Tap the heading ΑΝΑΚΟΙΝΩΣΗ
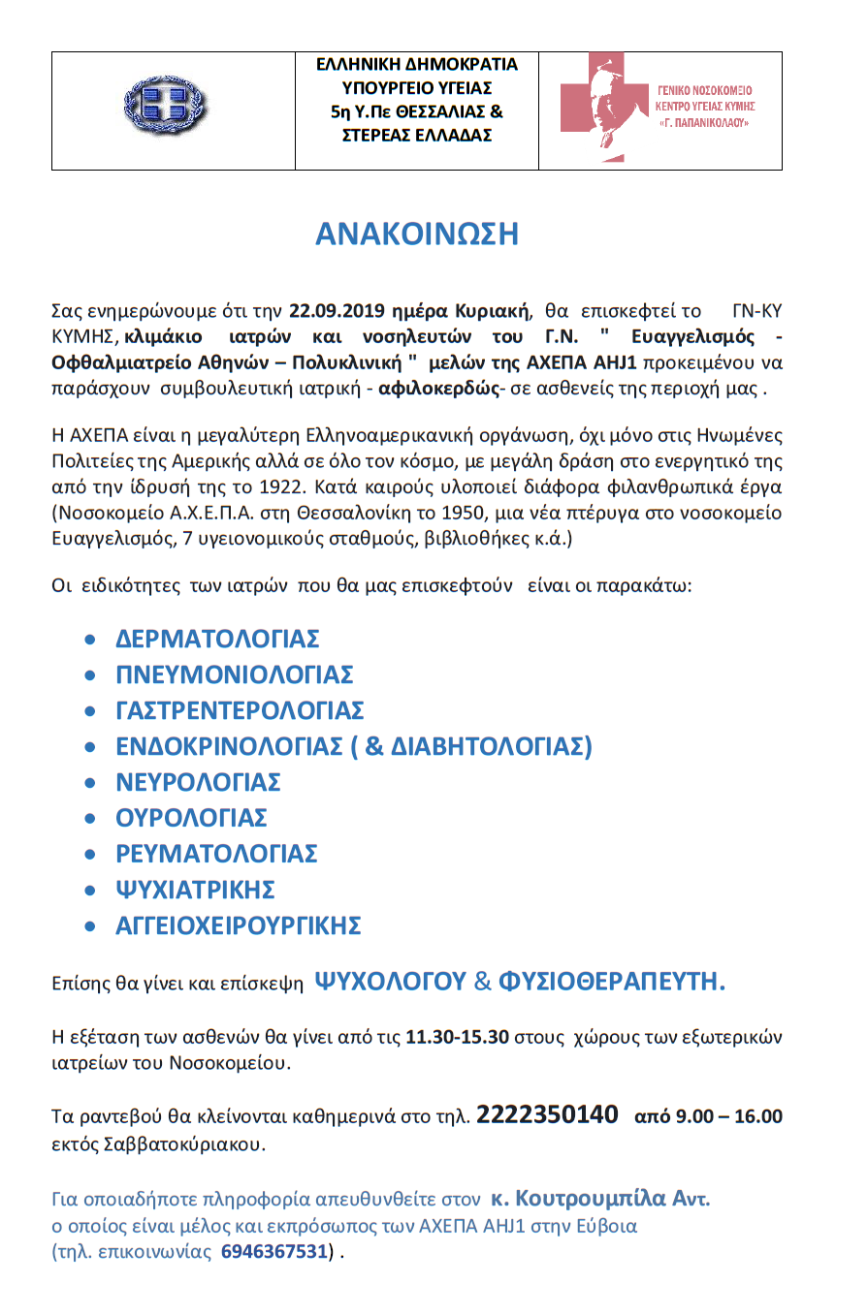pyautogui.click(x=417, y=235)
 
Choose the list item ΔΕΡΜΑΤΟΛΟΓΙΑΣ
pyautogui.click(x=218, y=640)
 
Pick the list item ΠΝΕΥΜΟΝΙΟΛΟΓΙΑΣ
pyautogui.click(x=235, y=675)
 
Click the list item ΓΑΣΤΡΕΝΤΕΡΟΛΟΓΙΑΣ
pyautogui.click(x=240, y=711)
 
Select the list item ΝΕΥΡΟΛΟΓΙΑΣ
pyautogui.click(x=198, y=783)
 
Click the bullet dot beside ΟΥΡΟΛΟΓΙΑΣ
pyautogui.click(x=91, y=820)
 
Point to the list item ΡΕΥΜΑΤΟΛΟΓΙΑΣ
pyautogui.click(x=217, y=855)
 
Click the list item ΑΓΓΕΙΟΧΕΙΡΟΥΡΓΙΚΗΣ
pyautogui.click(x=239, y=926)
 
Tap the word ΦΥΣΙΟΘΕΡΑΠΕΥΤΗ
pyautogui.click(x=612, y=983)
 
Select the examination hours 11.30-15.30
pyautogui.click(x=458, y=1037)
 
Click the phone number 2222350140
pyautogui.click(x=548, y=1115)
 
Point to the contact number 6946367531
pyautogui.click(x=273, y=1251)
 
